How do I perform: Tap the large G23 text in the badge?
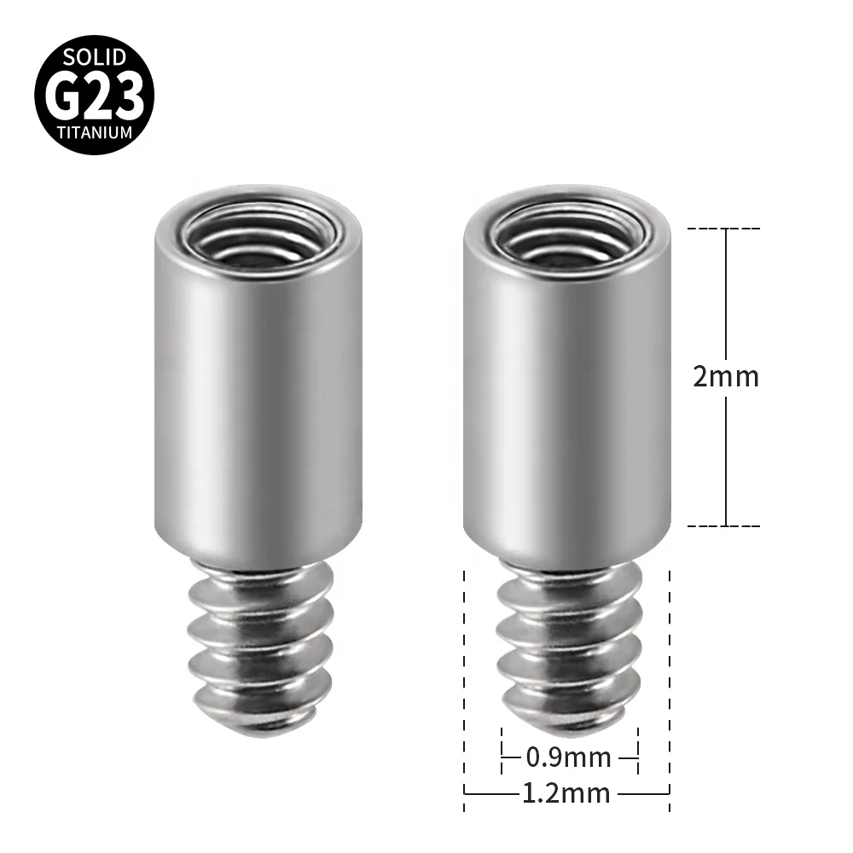coord(94,97)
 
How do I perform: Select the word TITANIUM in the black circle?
coord(95,133)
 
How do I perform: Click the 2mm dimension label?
coord(725,376)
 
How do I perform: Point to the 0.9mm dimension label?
coord(569,757)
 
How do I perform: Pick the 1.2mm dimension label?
coord(567,793)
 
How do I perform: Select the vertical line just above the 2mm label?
coord(725,290)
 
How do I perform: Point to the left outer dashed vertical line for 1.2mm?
coord(464,682)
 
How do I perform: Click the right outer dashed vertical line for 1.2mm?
coord(670,682)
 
